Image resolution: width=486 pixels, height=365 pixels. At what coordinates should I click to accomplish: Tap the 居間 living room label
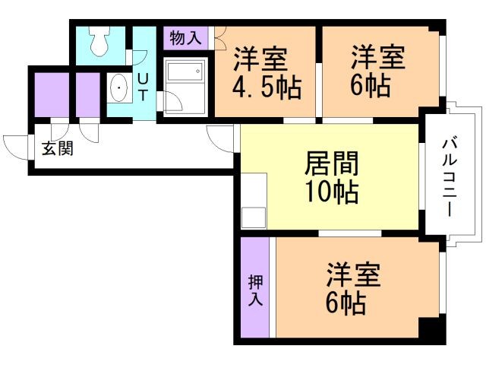click(x=331, y=163)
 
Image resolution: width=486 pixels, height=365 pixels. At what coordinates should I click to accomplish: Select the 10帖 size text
click(x=331, y=193)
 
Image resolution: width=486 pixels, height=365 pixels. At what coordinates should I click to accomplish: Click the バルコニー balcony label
click(x=449, y=176)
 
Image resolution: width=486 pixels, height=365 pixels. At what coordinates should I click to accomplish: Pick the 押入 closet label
click(x=255, y=290)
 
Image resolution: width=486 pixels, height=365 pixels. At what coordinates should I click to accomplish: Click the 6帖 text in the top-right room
click(x=371, y=84)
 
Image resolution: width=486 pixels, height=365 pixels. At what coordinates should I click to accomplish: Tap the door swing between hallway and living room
click(x=221, y=137)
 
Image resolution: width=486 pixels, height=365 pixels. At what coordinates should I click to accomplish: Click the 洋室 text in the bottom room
click(x=354, y=275)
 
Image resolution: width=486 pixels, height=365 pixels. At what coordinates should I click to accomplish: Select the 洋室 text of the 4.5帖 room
click(x=260, y=58)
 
